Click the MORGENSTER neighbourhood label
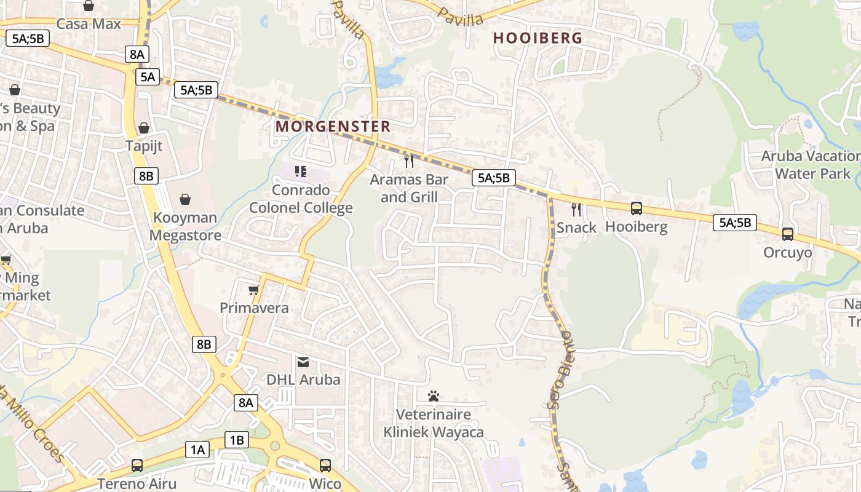tap(333, 127)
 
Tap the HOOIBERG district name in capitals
tap(538, 38)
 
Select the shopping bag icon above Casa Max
tap(89, 6)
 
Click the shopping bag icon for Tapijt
tap(144, 128)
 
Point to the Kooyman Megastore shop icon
tap(184, 199)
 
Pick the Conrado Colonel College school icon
tap(301, 171)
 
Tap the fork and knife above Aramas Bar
tap(409, 161)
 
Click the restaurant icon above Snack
tap(576, 209)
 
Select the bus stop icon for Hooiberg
tap(637, 208)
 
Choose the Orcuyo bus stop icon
tap(788, 234)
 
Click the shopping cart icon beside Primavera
tap(253, 289)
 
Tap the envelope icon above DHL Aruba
tap(303, 361)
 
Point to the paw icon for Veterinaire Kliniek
tap(434, 396)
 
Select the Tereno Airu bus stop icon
tap(137, 466)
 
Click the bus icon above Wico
tap(325, 466)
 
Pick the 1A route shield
tap(197, 450)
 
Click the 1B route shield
tap(237, 440)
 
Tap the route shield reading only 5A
tap(148, 77)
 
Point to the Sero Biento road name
tap(560, 369)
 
